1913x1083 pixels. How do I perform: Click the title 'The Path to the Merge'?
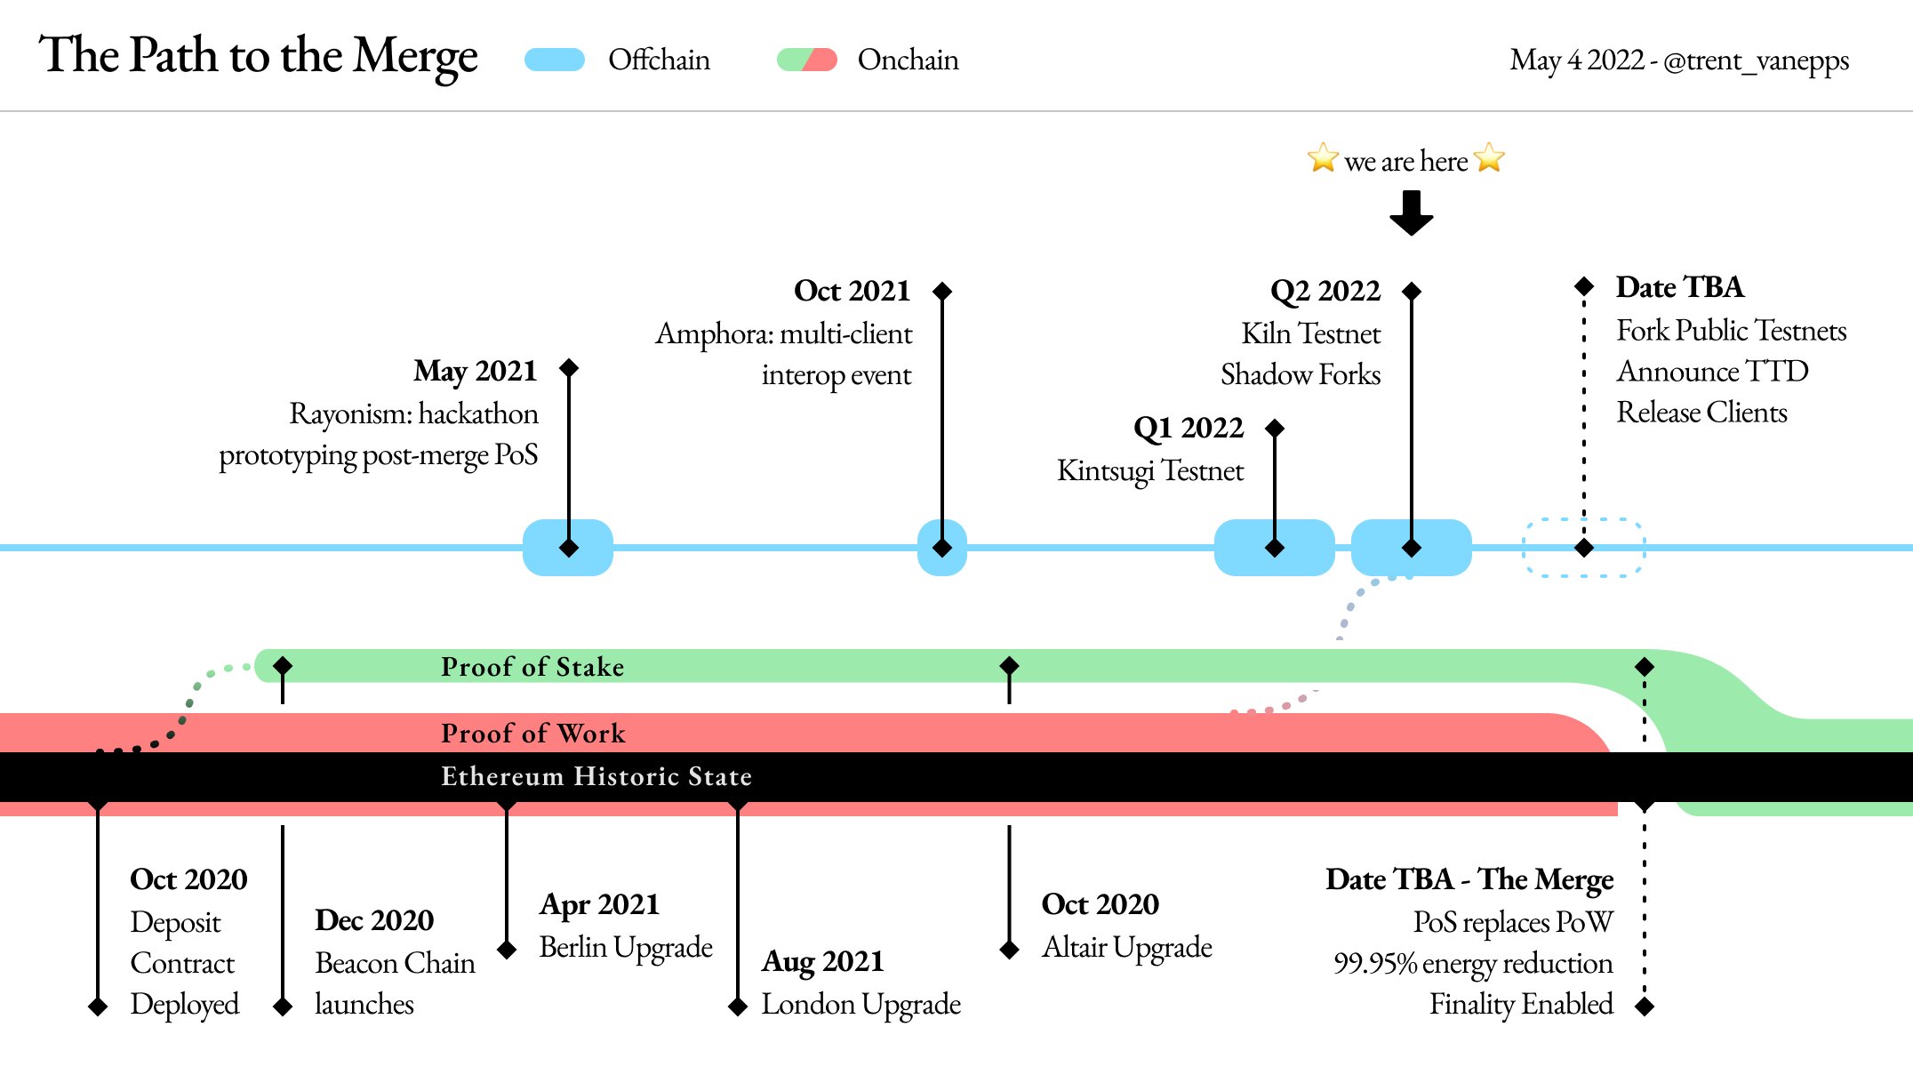pyautogui.click(x=258, y=57)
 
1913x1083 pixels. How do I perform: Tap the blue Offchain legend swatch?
pyautogui.click(x=555, y=60)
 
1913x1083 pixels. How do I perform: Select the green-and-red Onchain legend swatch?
pyautogui.click(x=807, y=60)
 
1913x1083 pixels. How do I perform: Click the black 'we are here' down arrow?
pyautogui.click(x=1412, y=213)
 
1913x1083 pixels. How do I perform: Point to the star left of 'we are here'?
pyautogui.click(x=1323, y=158)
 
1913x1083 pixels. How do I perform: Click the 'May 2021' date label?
pyautogui.click(x=476, y=371)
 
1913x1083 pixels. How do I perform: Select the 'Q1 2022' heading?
pyautogui.click(x=1189, y=429)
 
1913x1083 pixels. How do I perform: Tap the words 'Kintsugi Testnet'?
pyautogui.click(x=1150, y=470)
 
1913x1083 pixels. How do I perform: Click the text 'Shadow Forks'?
pyautogui.click(x=1301, y=374)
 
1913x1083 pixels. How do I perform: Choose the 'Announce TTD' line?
pyautogui.click(x=1712, y=371)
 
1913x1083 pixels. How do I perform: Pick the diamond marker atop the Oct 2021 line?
pyautogui.click(x=943, y=291)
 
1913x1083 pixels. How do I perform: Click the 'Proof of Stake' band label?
pyautogui.click(x=532, y=667)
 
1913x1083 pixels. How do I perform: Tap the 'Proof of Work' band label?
pyautogui.click(x=533, y=734)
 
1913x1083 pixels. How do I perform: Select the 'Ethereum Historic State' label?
pyautogui.click(x=596, y=776)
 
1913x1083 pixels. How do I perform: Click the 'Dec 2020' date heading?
pyautogui.click(x=374, y=920)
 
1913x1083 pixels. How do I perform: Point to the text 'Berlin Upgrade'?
pyautogui.click(x=626, y=947)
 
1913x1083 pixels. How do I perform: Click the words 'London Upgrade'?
pyautogui.click(x=861, y=1004)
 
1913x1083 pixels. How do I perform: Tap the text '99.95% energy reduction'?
pyautogui.click(x=1473, y=963)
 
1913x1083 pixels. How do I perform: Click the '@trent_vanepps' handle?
pyautogui.click(x=1756, y=60)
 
